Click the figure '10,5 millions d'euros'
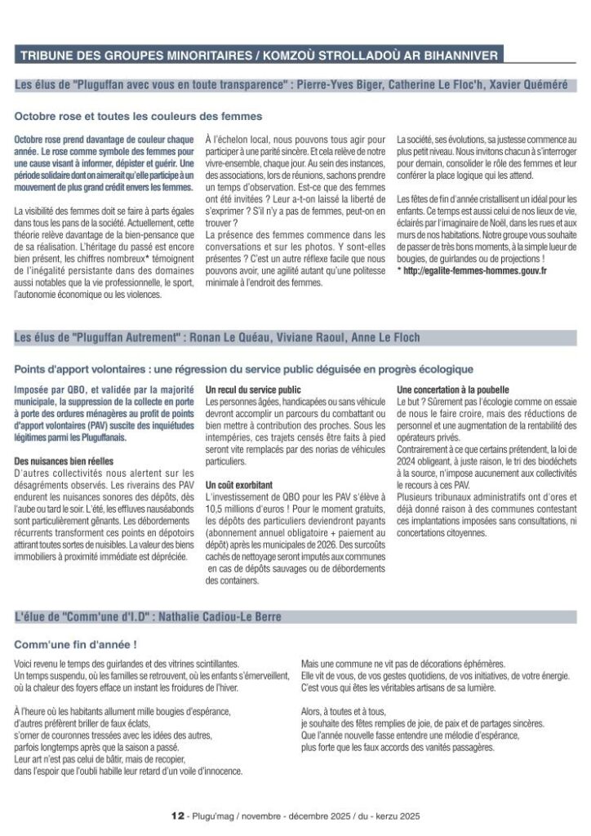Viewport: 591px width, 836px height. [244, 508]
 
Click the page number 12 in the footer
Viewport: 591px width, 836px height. [176, 815]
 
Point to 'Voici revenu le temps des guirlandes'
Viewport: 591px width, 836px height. [82, 665]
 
